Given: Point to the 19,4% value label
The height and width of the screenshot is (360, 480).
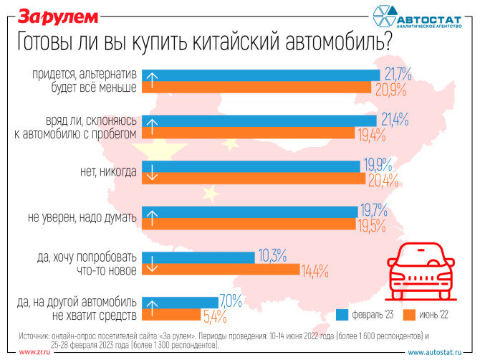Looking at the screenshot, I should (372, 134).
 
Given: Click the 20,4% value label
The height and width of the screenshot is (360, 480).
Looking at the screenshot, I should (382, 179).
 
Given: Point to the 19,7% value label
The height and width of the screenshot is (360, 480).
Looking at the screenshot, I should (373, 210).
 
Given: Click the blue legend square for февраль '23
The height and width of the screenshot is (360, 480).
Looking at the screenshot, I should (342, 315).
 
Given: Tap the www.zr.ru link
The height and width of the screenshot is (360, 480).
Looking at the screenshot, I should (34, 352).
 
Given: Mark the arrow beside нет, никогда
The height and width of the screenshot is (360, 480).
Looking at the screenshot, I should (150, 173).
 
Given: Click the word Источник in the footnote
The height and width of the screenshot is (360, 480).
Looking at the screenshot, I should (39, 335).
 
